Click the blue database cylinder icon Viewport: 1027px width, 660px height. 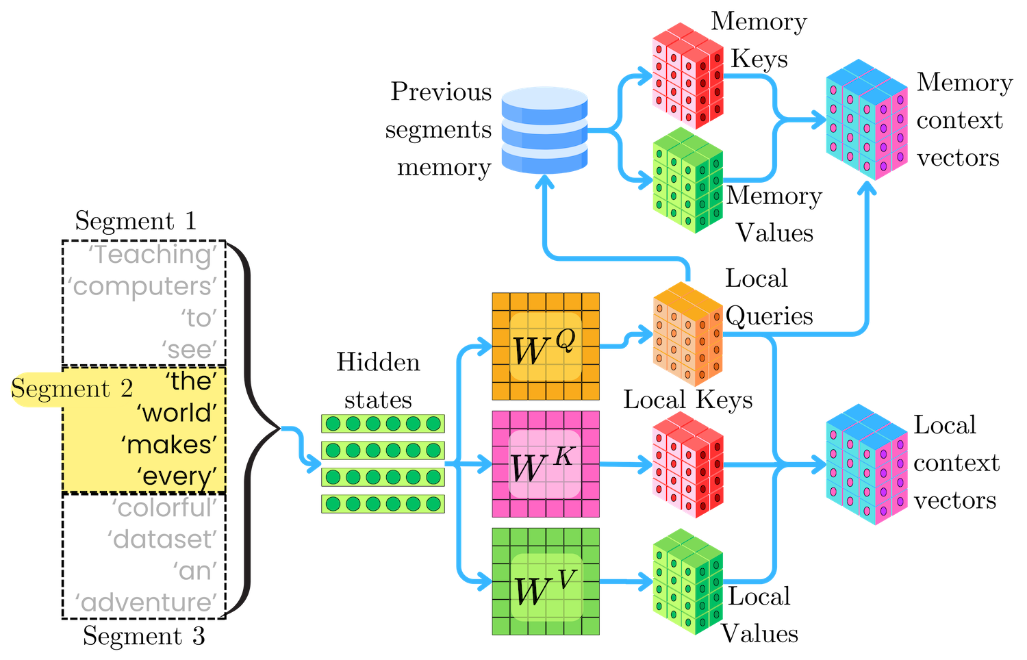[x=544, y=130]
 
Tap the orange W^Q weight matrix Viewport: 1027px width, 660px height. [x=546, y=346]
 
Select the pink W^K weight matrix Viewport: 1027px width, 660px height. [x=546, y=464]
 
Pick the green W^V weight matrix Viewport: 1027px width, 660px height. [x=546, y=582]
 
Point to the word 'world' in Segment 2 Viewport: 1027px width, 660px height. [x=177, y=413]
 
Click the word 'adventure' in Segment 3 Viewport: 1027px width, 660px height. [x=147, y=602]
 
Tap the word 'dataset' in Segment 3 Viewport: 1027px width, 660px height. [x=162, y=539]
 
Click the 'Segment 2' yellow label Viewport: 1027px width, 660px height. [x=72, y=389]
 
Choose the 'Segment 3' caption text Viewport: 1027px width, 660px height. [x=144, y=636]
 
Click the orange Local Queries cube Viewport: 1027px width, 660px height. [x=687, y=334]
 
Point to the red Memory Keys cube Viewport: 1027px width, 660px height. [x=687, y=76]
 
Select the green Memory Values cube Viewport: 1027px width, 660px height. [x=687, y=180]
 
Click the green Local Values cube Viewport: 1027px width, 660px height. [x=687, y=582]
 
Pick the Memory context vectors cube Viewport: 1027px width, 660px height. [x=867, y=120]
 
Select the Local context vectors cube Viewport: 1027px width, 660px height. [x=867, y=464]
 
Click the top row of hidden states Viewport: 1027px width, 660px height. [x=383, y=424]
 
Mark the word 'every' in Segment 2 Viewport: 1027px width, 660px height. [x=177, y=477]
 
